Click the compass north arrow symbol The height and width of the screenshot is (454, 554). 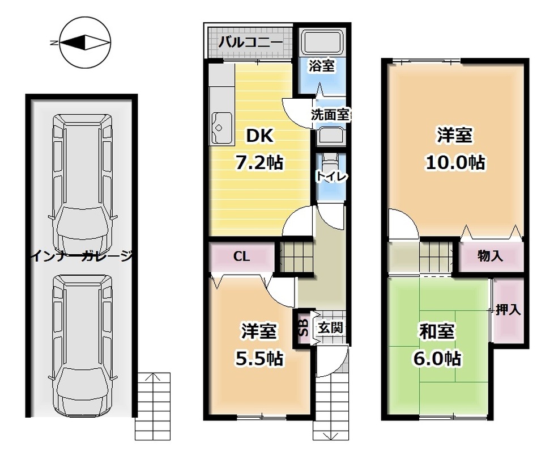click(x=85, y=43)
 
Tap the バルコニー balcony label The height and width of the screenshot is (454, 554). click(x=250, y=43)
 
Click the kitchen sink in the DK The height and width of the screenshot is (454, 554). click(x=222, y=128)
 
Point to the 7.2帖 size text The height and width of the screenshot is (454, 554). click(x=259, y=163)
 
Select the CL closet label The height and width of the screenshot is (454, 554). click(x=242, y=256)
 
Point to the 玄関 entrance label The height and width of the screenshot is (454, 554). click(x=330, y=328)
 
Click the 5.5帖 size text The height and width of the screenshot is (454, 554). click(x=259, y=359)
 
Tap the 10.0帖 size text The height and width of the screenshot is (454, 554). click(x=455, y=162)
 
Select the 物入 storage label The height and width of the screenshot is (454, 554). click(x=490, y=255)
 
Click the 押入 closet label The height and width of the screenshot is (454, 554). click(x=508, y=310)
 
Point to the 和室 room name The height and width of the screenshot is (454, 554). click(x=437, y=331)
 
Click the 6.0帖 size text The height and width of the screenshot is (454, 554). click(x=437, y=359)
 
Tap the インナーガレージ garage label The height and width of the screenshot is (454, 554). click(x=82, y=256)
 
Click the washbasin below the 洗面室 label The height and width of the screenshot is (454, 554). click(x=330, y=137)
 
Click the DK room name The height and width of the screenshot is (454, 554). click(x=259, y=136)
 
